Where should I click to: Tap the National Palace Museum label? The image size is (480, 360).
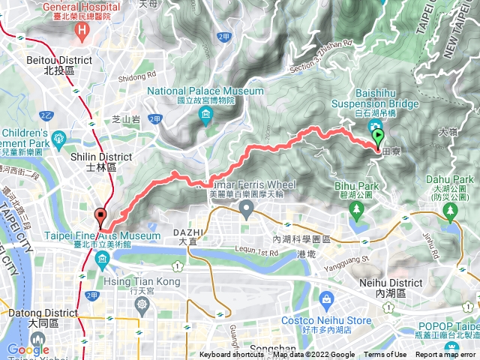pos(205,95)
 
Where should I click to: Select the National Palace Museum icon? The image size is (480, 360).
pos(205,115)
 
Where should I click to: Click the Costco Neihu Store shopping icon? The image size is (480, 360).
pos(325,301)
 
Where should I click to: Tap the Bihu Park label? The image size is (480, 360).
pos(352,189)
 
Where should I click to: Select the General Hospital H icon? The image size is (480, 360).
pos(82,30)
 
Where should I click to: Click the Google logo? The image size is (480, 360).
pos(28,349)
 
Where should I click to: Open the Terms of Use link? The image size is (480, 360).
pos(385,355)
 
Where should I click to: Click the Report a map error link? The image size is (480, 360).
pos(445,355)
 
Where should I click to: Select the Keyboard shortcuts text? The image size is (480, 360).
pos(232,355)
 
